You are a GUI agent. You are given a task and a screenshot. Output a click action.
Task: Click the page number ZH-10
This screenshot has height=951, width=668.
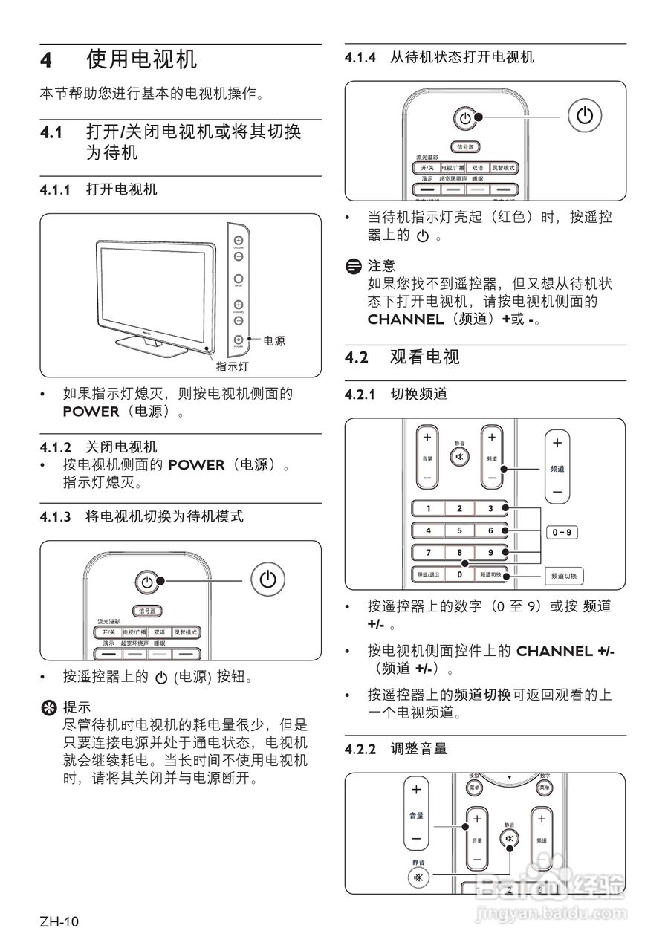click(59, 922)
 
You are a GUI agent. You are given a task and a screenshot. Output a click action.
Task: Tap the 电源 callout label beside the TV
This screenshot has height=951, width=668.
click(273, 341)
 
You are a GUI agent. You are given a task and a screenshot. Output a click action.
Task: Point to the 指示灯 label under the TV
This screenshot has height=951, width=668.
click(232, 366)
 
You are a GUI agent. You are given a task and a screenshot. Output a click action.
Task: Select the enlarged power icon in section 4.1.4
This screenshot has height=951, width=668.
click(585, 116)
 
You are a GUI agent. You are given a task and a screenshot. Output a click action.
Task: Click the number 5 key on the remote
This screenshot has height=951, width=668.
click(459, 530)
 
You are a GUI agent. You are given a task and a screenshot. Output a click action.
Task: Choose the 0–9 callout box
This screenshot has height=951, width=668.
click(561, 532)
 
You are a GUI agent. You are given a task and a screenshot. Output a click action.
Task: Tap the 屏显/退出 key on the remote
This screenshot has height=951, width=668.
click(427, 574)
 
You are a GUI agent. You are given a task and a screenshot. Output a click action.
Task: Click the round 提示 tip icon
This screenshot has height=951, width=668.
click(48, 707)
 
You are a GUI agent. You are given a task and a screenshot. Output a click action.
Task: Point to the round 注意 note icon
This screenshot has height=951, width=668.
click(353, 265)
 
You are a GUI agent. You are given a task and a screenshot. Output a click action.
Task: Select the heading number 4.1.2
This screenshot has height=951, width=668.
click(56, 447)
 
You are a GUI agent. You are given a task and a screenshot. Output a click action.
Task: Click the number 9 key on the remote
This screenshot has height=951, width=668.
click(490, 553)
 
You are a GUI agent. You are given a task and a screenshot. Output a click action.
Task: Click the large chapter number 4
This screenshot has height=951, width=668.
click(47, 60)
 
